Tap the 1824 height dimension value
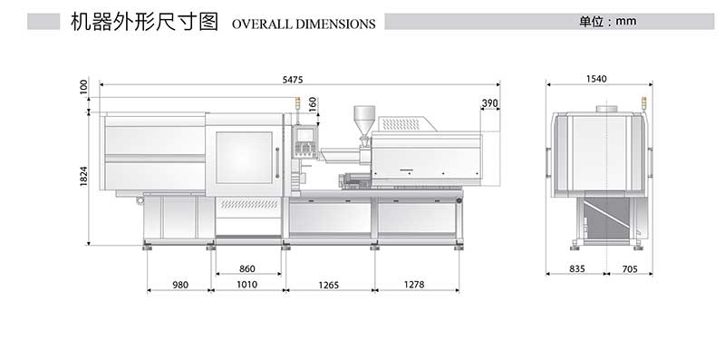(83, 178)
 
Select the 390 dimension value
(490, 103)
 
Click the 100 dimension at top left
(83, 87)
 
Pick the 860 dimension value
(246, 269)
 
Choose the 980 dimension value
(179, 285)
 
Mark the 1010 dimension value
(246, 285)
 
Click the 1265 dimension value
(328, 285)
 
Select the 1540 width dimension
(595, 80)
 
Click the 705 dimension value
(630, 269)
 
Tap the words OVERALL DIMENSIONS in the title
(304, 24)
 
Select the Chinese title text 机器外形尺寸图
(144, 23)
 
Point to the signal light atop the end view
(643, 105)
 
